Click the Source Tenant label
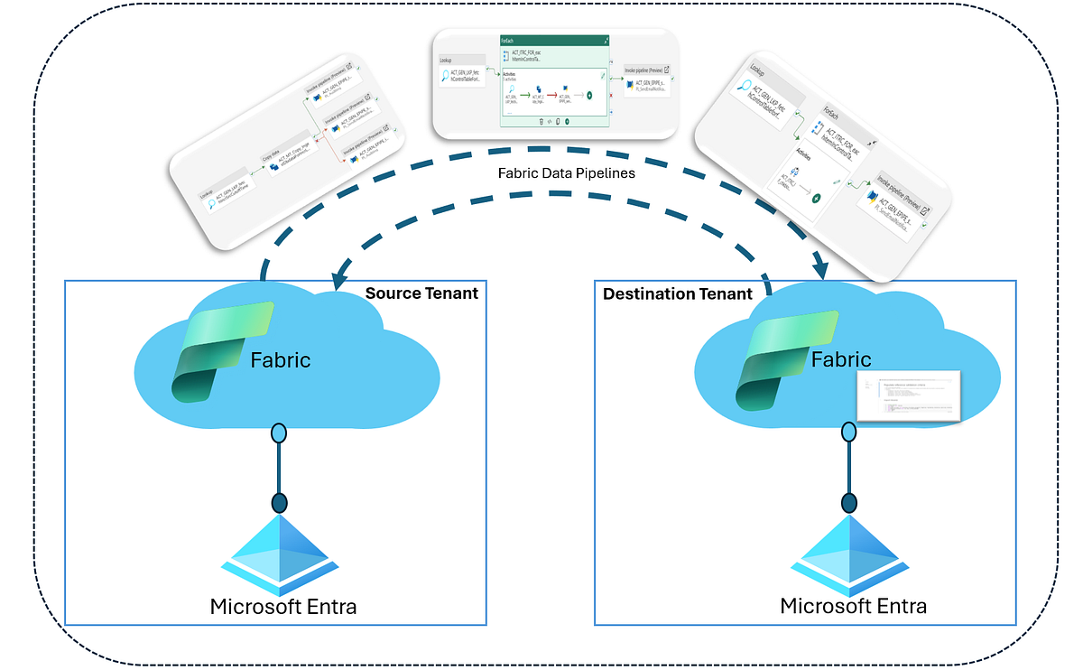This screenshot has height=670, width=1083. (421, 293)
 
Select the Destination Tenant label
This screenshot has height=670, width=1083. (677, 293)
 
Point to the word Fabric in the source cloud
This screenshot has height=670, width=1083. (281, 360)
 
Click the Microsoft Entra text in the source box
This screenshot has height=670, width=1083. (282, 606)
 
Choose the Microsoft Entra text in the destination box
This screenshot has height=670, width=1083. (853, 605)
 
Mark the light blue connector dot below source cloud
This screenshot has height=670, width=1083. (279, 433)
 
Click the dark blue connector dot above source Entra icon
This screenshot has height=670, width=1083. (279, 503)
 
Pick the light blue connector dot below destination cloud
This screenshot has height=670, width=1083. (849, 433)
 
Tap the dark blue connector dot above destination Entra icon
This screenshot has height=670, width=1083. (849, 503)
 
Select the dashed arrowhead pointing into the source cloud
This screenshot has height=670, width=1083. (340, 279)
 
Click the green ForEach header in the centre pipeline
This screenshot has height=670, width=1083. (554, 41)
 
